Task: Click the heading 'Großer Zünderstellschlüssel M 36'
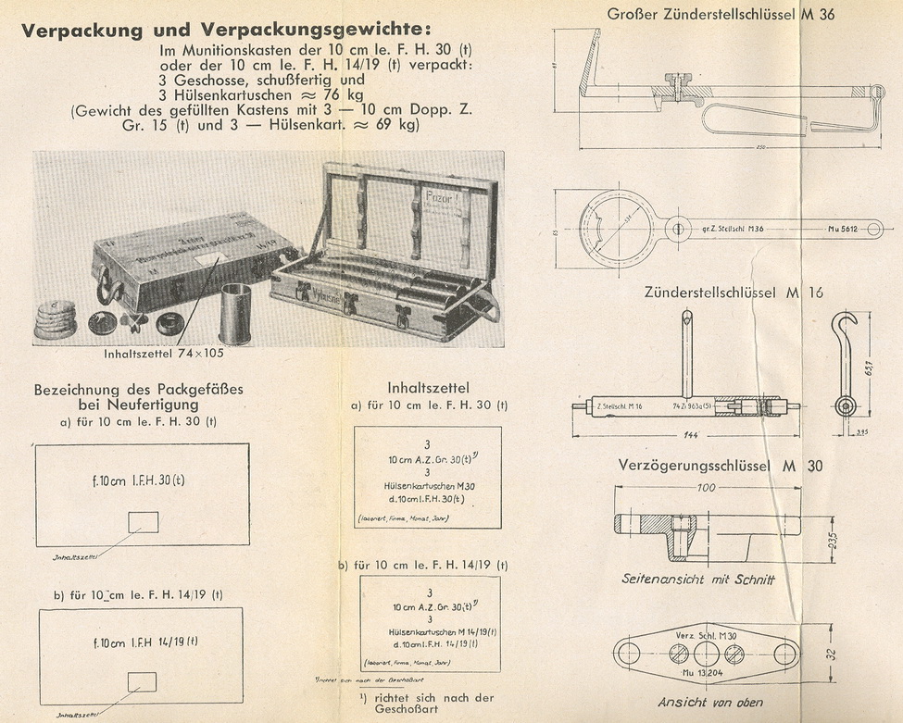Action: pyautogui.click(x=721, y=14)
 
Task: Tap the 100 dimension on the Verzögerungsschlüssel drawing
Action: pyautogui.click(x=707, y=487)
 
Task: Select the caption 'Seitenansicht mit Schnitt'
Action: pyautogui.click(x=698, y=580)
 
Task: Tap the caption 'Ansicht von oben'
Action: pyautogui.click(x=710, y=703)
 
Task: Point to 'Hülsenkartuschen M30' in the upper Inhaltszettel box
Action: pyautogui.click(x=428, y=485)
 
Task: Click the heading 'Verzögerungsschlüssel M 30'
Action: pyautogui.click(x=720, y=465)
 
